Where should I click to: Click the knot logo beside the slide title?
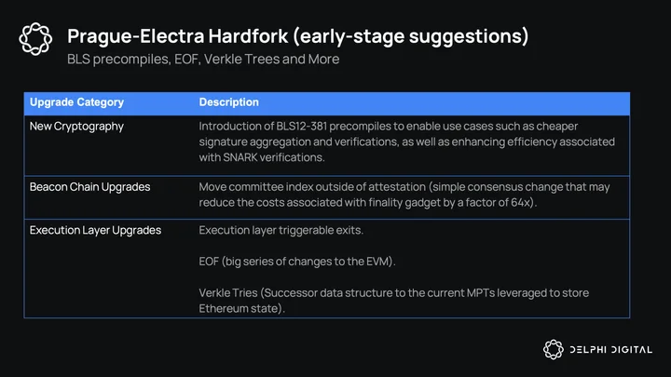tap(35, 39)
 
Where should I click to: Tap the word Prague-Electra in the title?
tap(136, 36)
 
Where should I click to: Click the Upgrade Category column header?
tap(76, 102)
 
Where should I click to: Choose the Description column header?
tap(229, 102)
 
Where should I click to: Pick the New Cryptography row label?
tap(76, 127)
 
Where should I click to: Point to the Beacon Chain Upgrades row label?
tap(89, 187)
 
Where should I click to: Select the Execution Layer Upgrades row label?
tap(95, 231)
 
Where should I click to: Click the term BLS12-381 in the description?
tap(302, 127)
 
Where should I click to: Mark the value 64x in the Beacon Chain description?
tap(521, 202)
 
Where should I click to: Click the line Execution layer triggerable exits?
tap(281, 231)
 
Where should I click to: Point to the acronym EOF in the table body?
tap(209, 262)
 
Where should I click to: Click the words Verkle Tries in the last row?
tap(228, 293)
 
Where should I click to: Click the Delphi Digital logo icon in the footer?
tap(554, 350)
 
